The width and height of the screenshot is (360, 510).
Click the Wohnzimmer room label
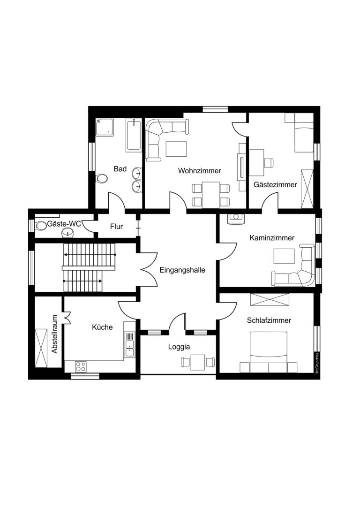[x=200, y=171]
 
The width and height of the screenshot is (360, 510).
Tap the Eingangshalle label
[x=182, y=270]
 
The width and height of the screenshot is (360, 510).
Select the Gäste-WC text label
[x=64, y=224]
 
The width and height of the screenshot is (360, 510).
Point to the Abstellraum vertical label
[x=54, y=334]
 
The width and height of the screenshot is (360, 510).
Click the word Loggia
[x=179, y=347]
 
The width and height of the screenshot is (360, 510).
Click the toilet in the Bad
[x=102, y=178]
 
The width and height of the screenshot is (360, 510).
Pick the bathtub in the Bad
[x=134, y=135]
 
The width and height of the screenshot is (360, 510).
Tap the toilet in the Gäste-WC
[x=41, y=225]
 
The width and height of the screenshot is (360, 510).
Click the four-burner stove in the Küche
[x=81, y=366]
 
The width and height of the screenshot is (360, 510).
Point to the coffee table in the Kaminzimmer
[x=284, y=256]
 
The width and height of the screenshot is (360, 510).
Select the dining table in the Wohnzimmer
[x=210, y=195]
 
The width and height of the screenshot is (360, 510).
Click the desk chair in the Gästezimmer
[x=269, y=162]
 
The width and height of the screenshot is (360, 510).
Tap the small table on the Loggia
[x=197, y=362]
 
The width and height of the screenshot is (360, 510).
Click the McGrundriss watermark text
[x=317, y=363]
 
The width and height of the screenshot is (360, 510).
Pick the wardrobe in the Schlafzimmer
[x=270, y=299]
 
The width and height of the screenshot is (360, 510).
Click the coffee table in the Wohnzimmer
[x=176, y=149]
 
